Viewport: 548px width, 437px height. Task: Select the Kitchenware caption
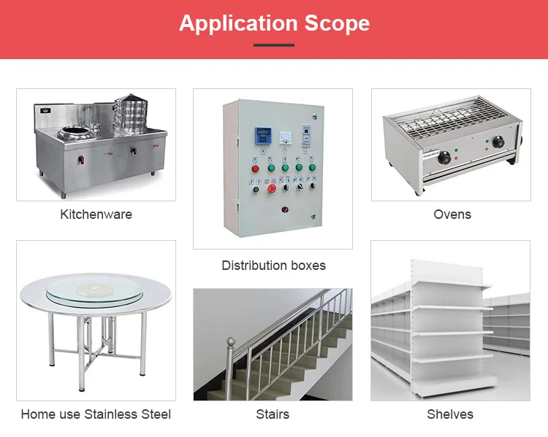pyautogui.click(x=96, y=214)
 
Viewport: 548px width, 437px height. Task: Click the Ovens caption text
pyautogui.click(x=452, y=214)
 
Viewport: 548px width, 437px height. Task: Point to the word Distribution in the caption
pyautogui.click(x=251, y=266)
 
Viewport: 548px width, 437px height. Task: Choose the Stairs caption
pyautogui.click(x=273, y=414)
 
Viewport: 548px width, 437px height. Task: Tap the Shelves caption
pyautogui.click(x=450, y=414)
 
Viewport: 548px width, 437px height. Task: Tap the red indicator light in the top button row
pyautogui.click(x=255, y=168)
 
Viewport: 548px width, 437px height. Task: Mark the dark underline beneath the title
pyautogui.click(x=274, y=45)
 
